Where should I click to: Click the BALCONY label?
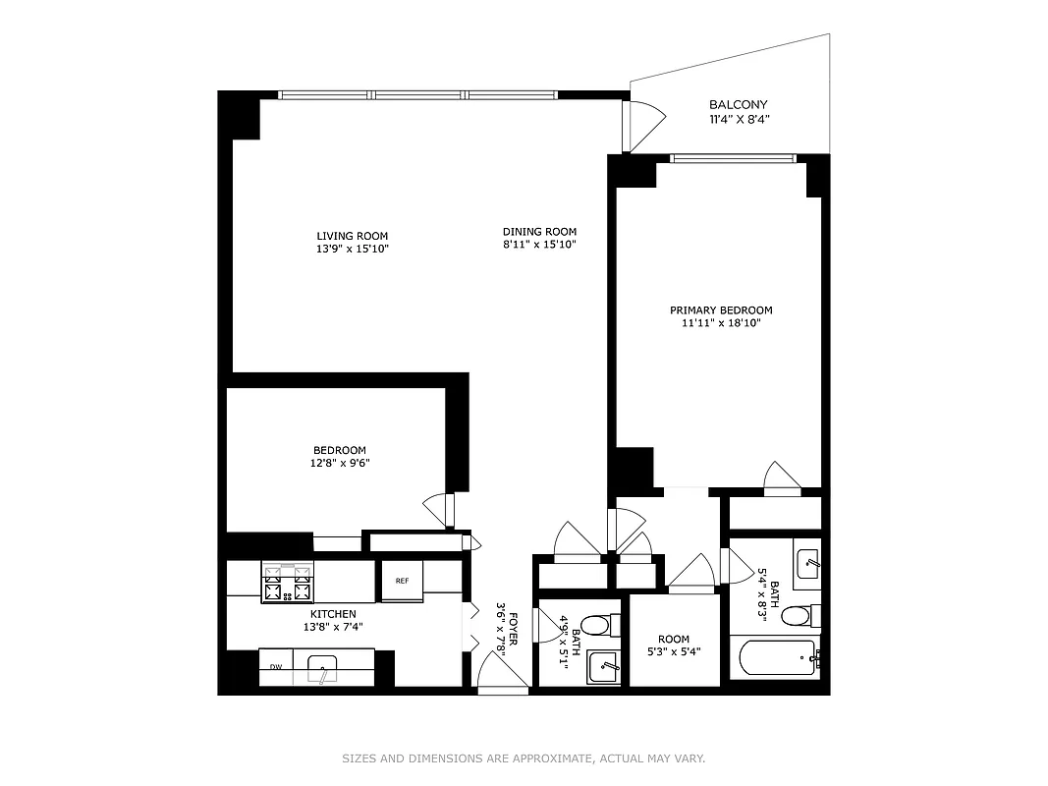[x=739, y=104]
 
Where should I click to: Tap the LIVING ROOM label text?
[x=352, y=236]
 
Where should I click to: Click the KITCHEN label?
[x=333, y=613]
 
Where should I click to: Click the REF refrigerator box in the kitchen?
[x=402, y=581]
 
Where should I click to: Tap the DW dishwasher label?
[x=276, y=668]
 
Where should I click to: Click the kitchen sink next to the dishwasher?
[x=325, y=671]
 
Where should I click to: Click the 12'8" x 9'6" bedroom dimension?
[x=341, y=463]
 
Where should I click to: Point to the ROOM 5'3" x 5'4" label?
[x=674, y=645]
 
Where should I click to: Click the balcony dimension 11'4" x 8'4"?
[x=739, y=120]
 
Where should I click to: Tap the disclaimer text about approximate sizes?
[x=524, y=758]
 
